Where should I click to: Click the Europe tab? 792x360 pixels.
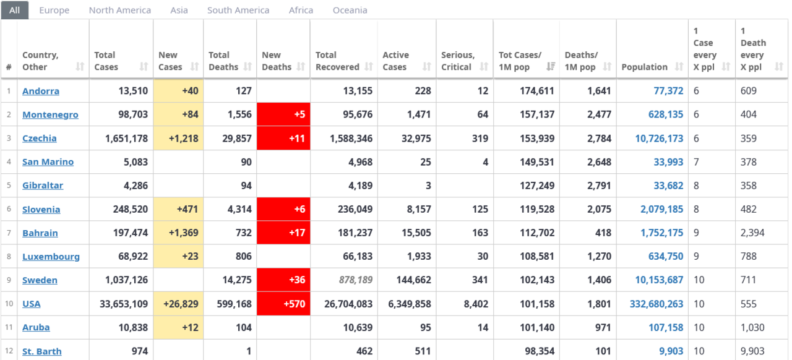tap(54, 10)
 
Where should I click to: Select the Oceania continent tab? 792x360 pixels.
tap(350, 10)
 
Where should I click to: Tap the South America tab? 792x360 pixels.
tap(238, 10)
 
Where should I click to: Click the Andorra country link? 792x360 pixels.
tap(41, 91)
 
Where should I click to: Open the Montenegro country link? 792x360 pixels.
tap(50, 114)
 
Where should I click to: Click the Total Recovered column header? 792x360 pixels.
tap(337, 61)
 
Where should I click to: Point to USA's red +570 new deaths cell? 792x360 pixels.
tap(283, 304)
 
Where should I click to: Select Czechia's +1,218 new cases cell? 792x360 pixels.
tap(178, 138)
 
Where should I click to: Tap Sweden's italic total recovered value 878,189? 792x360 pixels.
tap(356, 280)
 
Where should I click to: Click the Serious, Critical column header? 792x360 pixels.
tap(458, 61)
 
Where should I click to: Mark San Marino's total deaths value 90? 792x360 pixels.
tap(246, 162)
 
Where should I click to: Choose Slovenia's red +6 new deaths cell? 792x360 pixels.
tap(283, 209)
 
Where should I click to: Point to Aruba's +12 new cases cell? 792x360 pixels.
tap(178, 327)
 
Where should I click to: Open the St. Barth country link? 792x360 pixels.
tap(42, 351)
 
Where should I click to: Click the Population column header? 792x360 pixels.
tap(644, 67)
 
